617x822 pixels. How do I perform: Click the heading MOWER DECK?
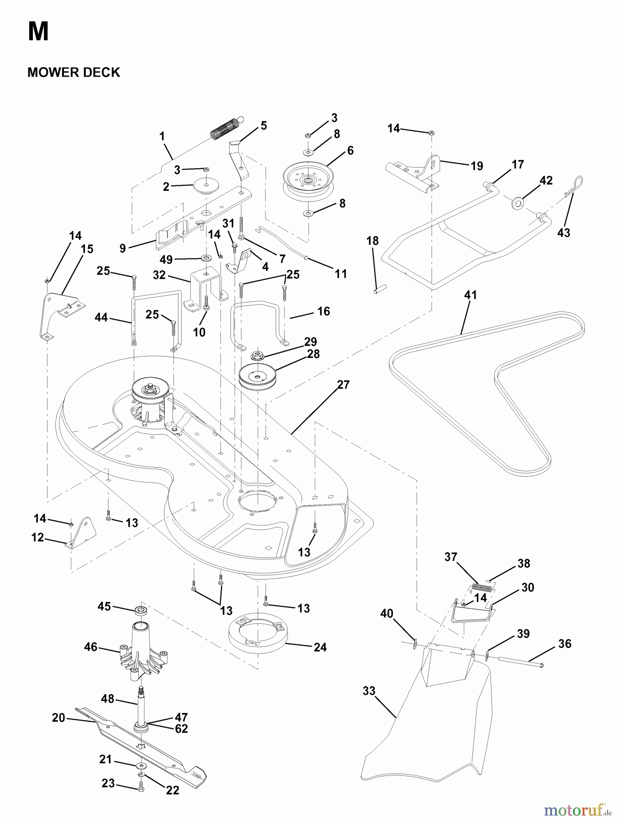pyautogui.click(x=73, y=72)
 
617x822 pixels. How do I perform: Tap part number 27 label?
pyautogui.click(x=343, y=385)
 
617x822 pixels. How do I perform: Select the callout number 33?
pyautogui.click(x=369, y=691)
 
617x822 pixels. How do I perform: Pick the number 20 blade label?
pyautogui.click(x=58, y=718)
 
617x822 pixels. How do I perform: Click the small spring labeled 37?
pyautogui.click(x=481, y=588)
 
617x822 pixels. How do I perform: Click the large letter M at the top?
pyautogui.click(x=38, y=32)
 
